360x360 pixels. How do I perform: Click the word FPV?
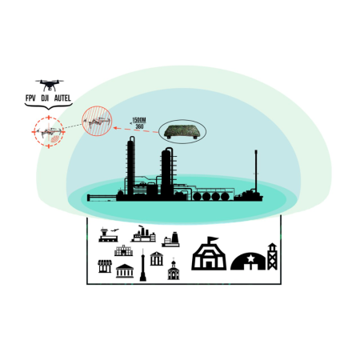[30, 98]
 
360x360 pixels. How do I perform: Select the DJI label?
[45, 98]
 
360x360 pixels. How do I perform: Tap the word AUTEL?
[62, 98]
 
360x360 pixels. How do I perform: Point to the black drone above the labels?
[50, 85]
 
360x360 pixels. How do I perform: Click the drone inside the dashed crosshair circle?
[49, 132]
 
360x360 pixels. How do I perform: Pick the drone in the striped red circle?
[97, 122]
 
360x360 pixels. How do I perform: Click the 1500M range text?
[139, 120]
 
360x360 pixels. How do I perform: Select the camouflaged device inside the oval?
[182, 131]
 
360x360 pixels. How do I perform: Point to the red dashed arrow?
[136, 130]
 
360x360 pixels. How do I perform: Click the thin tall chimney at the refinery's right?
[256, 170]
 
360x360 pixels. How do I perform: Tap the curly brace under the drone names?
[49, 106]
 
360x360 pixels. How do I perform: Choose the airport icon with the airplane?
[109, 235]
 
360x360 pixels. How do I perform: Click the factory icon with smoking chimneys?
[143, 234]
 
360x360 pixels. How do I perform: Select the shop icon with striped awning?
[105, 266]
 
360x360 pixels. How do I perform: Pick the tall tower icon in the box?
[143, 265]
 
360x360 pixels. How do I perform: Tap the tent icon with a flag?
[209, 254]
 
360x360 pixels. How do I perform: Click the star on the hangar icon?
[250, 258]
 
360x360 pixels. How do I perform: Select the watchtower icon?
[272, 256]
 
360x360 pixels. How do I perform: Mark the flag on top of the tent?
[214, 238]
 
